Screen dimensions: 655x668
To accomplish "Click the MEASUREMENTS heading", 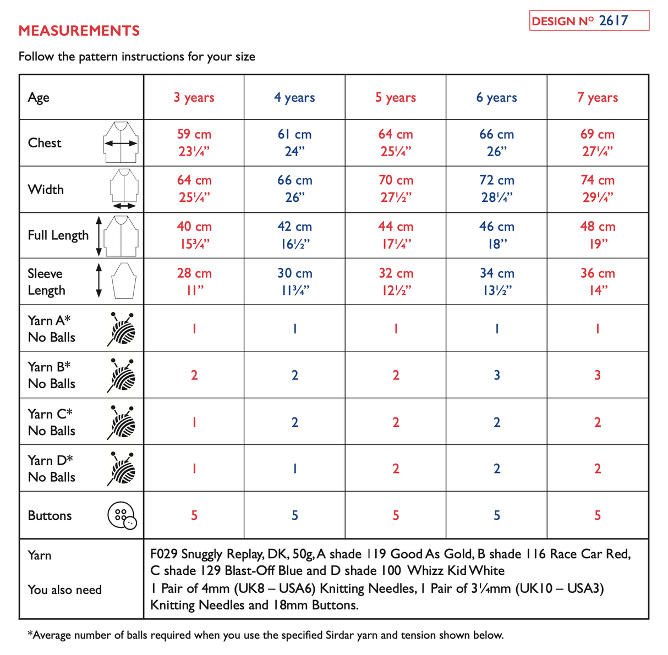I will pyautogui.click(x=79, y=31).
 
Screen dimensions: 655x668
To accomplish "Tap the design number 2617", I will pyautogui.click(x=613, y=21).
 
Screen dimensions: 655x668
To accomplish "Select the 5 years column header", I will pyautogui.click(x=396, y=98).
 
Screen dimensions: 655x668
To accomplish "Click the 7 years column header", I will pyautogui.click(x=598, y=98).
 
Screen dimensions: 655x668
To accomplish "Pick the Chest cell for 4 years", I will pyautogui.click(x=295, y=142).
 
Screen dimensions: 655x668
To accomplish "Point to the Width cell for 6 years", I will pyautogui.click(x=497, y=189).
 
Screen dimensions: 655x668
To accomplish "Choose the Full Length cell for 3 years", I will pyautogui.click(x=194, y=235).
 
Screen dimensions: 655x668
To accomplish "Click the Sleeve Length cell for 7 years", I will pyautogui.click(x=598, y=282).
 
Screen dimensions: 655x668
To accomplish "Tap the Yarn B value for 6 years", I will pyautogui.click(x=497, y=375).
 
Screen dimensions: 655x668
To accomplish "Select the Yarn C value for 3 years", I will pyautogui.click(x=194, y=422).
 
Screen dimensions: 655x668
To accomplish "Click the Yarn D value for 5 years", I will pyautogui.click(x=396, y=469).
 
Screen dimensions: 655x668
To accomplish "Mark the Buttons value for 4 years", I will pyautogui.click(x=295, y=515).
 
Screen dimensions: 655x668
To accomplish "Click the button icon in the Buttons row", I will pyautogui.click(x=122, y=516).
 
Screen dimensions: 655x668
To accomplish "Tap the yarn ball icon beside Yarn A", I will pyautogui.click(x=122, y=329).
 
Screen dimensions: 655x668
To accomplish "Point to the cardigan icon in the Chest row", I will pyautogui.click(x=121, y=142).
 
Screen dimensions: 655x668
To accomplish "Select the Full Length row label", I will pyautogui.click(x=58, y=235).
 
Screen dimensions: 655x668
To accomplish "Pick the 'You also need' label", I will pyautogui.click(x=64, y=590).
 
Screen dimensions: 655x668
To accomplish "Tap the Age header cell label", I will pyautogui.click(x=39, y=98).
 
